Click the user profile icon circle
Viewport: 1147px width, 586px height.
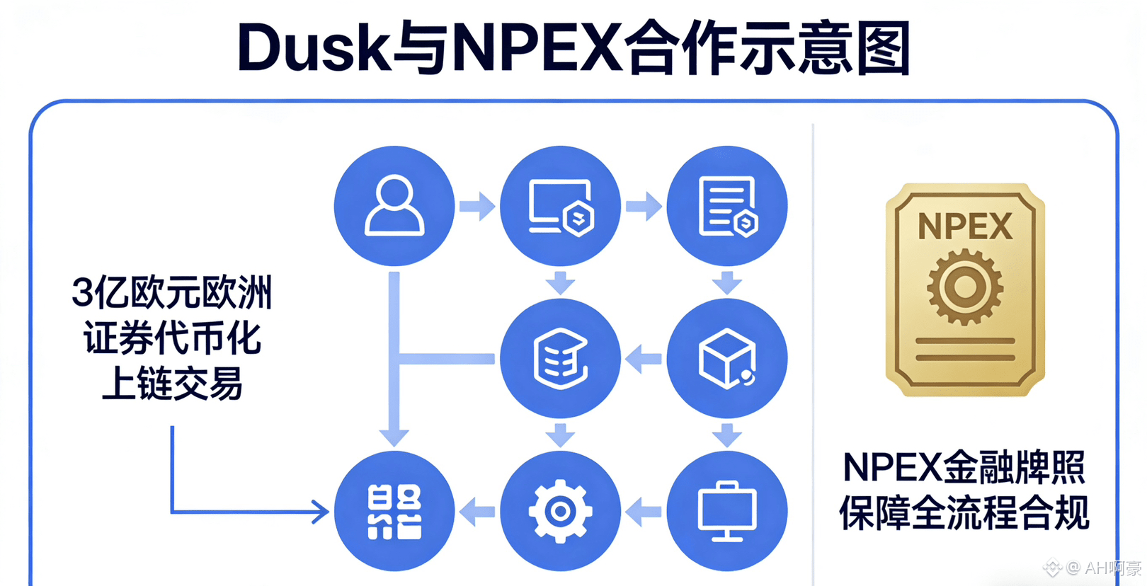click(x=394, y=206)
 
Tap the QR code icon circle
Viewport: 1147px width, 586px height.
click(x=394, y=511)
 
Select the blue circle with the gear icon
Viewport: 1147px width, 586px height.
click(x=560, y=511)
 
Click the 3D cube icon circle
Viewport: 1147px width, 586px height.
click(x=727, y=358)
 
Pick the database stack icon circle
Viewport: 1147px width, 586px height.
click(x=560, y=358)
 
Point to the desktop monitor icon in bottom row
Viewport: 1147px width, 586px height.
click(x=727, y=511)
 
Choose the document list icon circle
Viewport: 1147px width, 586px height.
click(x=727, y=206)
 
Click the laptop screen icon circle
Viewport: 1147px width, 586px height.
click(x=560, y=206)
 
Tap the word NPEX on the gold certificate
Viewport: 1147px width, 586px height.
click(x=965, y=227)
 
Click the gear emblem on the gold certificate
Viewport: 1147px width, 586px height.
click(x=965, y=287)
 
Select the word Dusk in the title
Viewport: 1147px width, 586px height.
click(x=314, y=48)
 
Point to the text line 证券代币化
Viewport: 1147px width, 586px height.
click(x=172, y=338)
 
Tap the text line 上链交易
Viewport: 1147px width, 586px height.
click(x=172, y=384)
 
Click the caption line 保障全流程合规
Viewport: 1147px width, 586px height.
click(x=964, y=512)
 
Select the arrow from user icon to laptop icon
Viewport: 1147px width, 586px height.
click(x=477, y=206)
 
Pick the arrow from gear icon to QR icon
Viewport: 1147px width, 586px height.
click(x=477, y=511)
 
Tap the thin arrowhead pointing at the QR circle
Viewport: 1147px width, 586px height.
click(x=322, y=511)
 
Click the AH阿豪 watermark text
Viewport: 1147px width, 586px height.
click(x=1112, y=568)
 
